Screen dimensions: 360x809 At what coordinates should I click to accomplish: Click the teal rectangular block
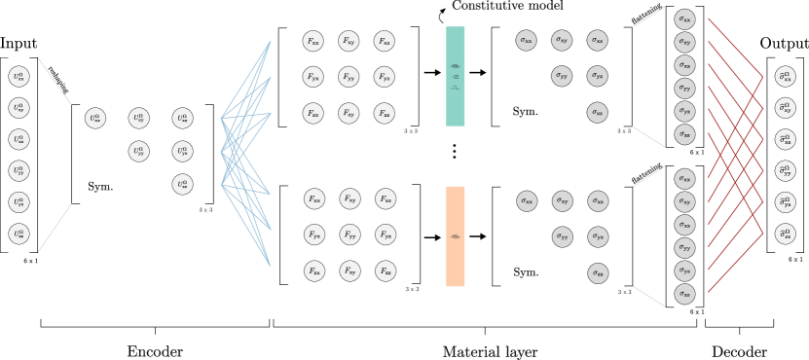tap(455, 76)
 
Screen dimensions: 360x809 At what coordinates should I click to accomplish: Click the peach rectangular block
tap(455, 236)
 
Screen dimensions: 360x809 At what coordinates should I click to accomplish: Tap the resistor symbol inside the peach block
tap(455, 236)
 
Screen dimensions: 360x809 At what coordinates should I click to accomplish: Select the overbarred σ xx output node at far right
tap(785, 76)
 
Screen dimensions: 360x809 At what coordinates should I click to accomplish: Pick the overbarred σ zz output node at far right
tap(785, 234)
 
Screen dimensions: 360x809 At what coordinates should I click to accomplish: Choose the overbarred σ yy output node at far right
tap(785, 171)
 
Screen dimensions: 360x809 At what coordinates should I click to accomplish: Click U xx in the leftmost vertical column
tap(18, 76)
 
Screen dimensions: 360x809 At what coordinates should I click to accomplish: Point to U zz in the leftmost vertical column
tap(18, 234)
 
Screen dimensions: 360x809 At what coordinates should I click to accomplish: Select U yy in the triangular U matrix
tap(139, 152)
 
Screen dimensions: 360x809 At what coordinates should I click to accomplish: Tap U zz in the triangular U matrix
tap(182, 184)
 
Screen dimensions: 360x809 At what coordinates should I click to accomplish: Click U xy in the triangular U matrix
tap(139, 118)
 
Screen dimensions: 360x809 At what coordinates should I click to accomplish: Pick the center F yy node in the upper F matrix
tap(349, 77)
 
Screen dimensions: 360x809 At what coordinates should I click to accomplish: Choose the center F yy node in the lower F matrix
tap(349, 234)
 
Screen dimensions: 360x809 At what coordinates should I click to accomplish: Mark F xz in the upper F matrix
tap(385, 41)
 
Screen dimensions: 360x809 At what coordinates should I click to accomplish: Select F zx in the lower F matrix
tap(313, 271)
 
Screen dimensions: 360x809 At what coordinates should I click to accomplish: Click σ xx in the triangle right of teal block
tap(526, 40)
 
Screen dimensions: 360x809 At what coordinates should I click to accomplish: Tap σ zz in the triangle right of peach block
tap(598, 273)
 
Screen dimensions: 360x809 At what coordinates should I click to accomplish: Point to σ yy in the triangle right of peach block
tap(562, 236)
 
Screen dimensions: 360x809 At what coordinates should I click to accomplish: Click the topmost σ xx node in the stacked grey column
tap(684, 18)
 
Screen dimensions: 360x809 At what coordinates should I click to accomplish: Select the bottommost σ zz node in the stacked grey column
tap(684, 294)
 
